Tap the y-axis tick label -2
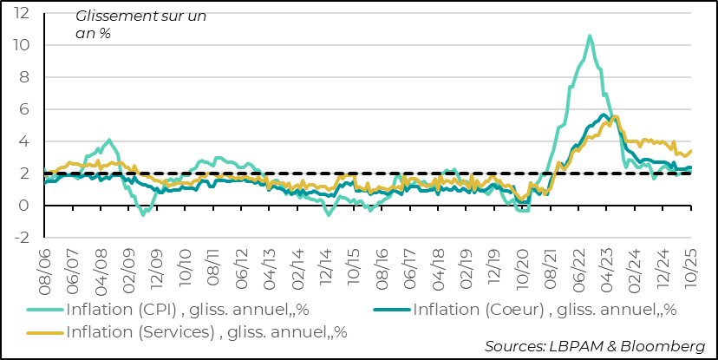click(x=23, y=238)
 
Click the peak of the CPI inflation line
click(x=590, y=36)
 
